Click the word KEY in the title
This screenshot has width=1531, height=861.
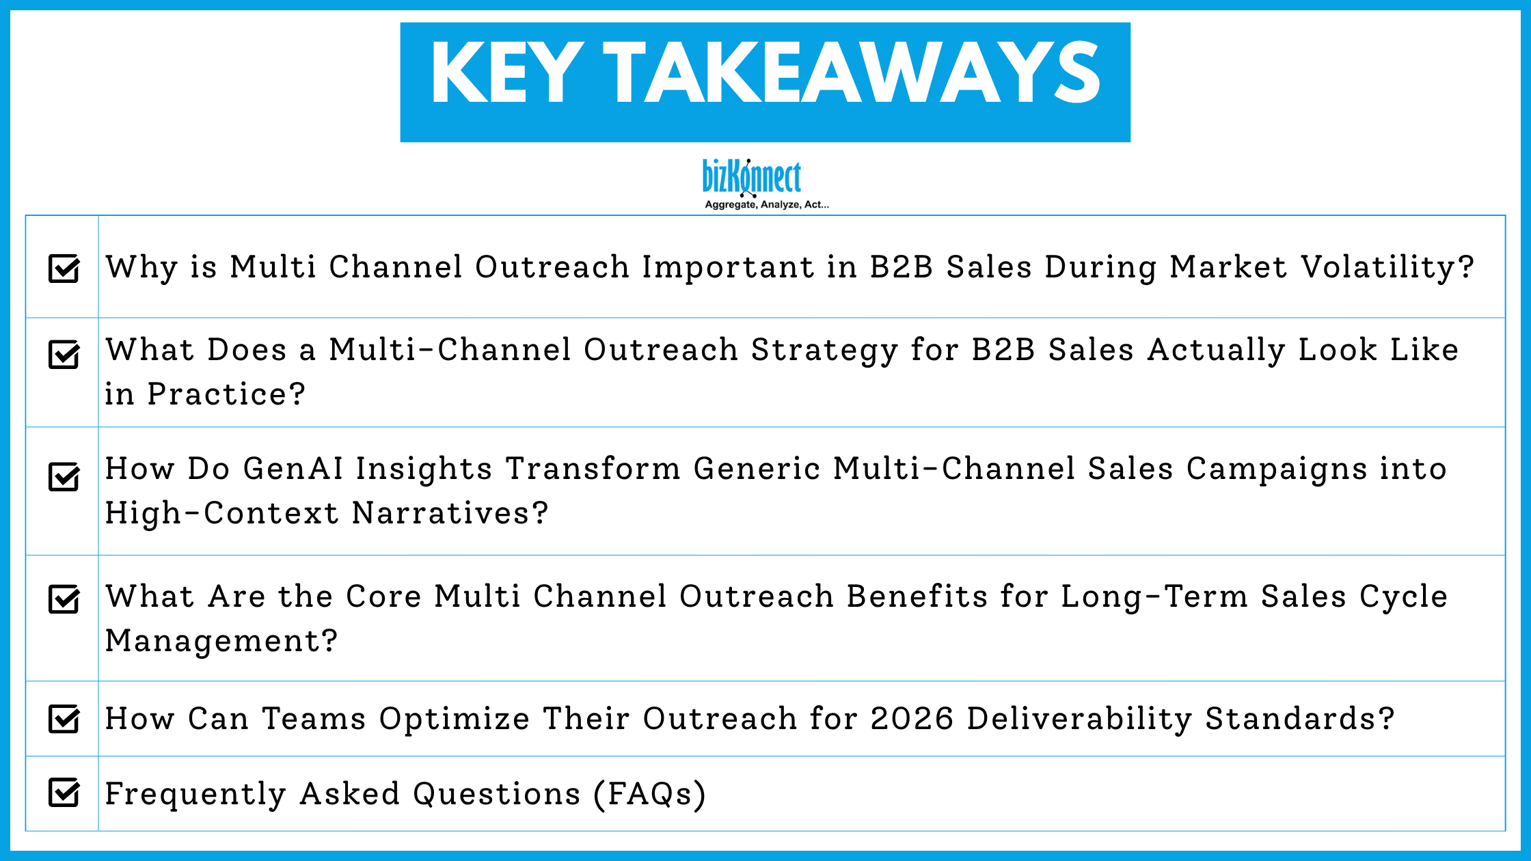coord(506,73)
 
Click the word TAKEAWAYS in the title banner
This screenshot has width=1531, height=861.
coord(852,73)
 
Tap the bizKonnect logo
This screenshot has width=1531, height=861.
coord(752,177)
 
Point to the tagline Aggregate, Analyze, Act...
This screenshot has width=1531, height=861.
coord(766,204)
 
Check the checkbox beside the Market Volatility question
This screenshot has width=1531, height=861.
coord(64,268)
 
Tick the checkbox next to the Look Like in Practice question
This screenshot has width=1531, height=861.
coord(64,354)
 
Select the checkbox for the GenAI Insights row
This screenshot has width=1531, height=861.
coord(64,476)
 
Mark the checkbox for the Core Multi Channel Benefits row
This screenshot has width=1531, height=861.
coord(64,599)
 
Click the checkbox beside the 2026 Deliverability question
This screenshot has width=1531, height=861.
coord(64,719)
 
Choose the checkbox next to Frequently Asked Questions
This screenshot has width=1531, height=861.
coord(64,793)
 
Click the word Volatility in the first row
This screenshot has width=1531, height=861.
coord(1387,267)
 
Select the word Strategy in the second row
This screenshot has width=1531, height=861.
coord(824,351)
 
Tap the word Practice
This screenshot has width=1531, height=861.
coord(226,394)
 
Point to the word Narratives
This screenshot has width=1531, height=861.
coord(450,513)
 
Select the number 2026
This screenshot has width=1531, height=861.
coord(912,719)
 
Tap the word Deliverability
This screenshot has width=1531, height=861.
coord(1079,719)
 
